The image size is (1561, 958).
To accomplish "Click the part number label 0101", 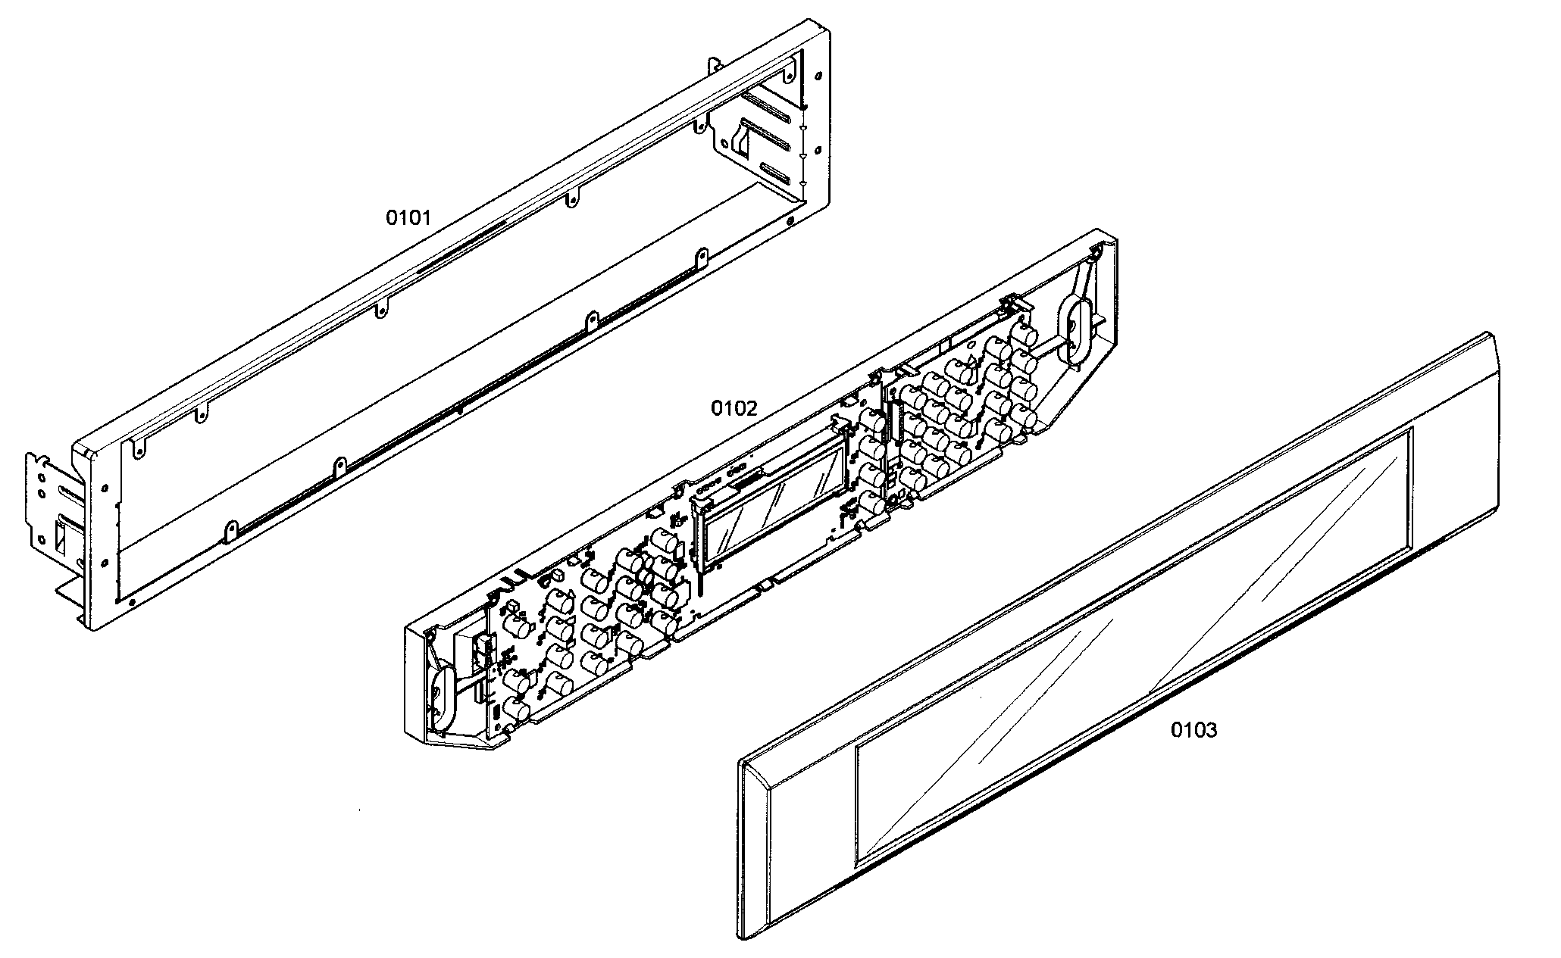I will [408, 218].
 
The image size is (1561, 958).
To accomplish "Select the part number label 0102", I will [733, 409].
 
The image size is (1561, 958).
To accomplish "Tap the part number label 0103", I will [1194, 730].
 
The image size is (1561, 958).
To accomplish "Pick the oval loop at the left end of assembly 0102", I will [441, 694].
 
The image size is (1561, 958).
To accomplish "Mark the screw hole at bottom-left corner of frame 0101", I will [133, 602].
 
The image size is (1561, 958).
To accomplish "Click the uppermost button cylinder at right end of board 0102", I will [1025, 334].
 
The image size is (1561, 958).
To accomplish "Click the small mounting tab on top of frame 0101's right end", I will [713, 65].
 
